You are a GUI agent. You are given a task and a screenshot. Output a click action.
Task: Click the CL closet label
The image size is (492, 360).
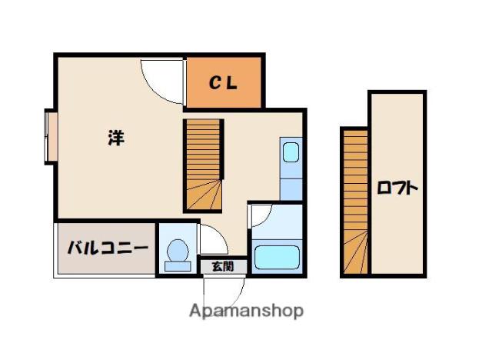pyautogui.click(x=223, y=83)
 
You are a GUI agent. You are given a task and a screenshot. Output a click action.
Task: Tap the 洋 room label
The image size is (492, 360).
pyautogui.click(x=116, y=138)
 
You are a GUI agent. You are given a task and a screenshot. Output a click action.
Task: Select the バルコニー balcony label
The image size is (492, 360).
pyautogui.click(x=108, y=248)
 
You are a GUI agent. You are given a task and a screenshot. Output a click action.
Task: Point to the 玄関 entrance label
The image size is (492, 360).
pyautogui.click(x=223, y=266)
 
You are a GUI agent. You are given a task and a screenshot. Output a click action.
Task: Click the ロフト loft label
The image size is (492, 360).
pyautogui.click(x=397, y=188)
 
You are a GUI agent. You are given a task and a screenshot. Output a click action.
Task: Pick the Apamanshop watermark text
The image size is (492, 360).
pyautogui.click(x=247, y=311)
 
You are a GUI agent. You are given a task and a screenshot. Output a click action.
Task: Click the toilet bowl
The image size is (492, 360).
pyautogui.click(x=178, y=251)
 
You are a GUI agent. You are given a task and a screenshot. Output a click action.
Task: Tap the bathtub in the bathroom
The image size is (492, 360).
pyautogui.click(x=277, y=258)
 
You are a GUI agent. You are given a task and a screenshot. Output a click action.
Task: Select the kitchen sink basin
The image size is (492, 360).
pyautogui.click(x=291, y=152)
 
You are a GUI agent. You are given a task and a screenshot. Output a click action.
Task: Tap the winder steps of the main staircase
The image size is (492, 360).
pyautogui.click(x=204, y=195)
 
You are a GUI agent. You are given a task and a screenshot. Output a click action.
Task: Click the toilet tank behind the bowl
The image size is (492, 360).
pyautogui.click(x=178, y=266)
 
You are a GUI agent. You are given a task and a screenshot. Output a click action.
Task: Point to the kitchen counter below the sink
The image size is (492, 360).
pyautogui.click(x=291, y=189)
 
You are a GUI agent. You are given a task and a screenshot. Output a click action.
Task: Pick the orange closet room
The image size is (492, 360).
pyautogui.click(x=224, y=82)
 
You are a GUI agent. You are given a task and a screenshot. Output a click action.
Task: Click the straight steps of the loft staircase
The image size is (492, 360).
pyautogui.click(x=355, y=181)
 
